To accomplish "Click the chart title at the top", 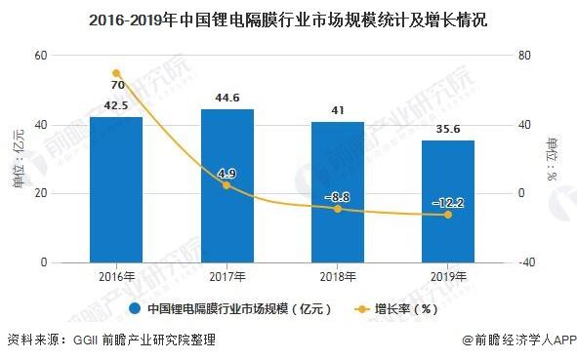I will click(288, 20).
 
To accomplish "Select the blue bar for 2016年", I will click(116, 189).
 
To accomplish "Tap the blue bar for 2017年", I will click(227, 185).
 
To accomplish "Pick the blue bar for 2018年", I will click(338, 192).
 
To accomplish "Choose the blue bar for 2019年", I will click(448, 201).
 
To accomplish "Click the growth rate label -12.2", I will click(448, 203).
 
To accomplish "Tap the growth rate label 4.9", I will click(227, 174).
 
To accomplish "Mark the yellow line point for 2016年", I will click(116, 73).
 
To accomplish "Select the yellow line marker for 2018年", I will click(338, 209).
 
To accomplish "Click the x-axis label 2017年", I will click(227, 278).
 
